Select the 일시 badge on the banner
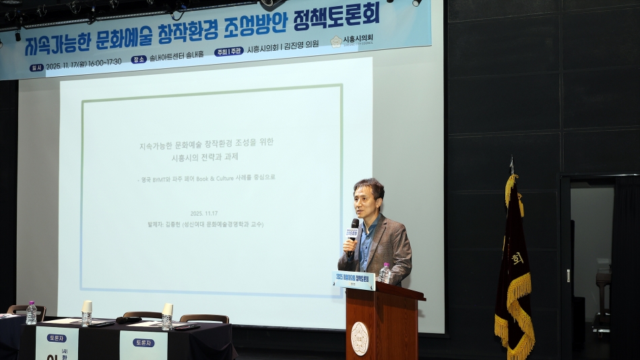[36, 67]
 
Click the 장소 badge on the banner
[139, 59]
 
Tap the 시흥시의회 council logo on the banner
[336, 42]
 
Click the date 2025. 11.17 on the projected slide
[206, 212]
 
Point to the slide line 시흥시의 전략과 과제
[205, 156]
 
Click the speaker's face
[369, 199]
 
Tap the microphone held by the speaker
[353, 233]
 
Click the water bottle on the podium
[385, 272]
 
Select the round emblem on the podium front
[360, 338]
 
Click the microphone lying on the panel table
[128, 320]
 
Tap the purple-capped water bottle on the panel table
[31, 313]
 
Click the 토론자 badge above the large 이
[57, 338]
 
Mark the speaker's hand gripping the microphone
[349, 245]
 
